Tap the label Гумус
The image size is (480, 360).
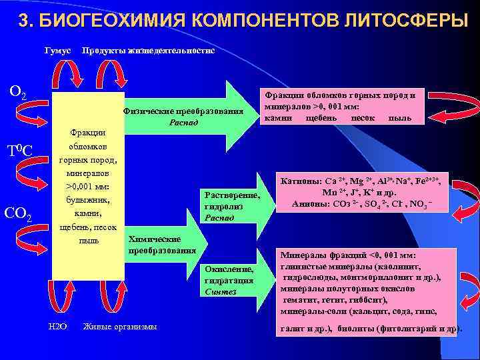pos(57,51)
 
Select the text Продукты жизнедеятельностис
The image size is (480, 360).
pos(147,51)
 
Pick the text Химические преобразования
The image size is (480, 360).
pos(161,245)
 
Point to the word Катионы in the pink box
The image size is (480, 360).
pos(301,181)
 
